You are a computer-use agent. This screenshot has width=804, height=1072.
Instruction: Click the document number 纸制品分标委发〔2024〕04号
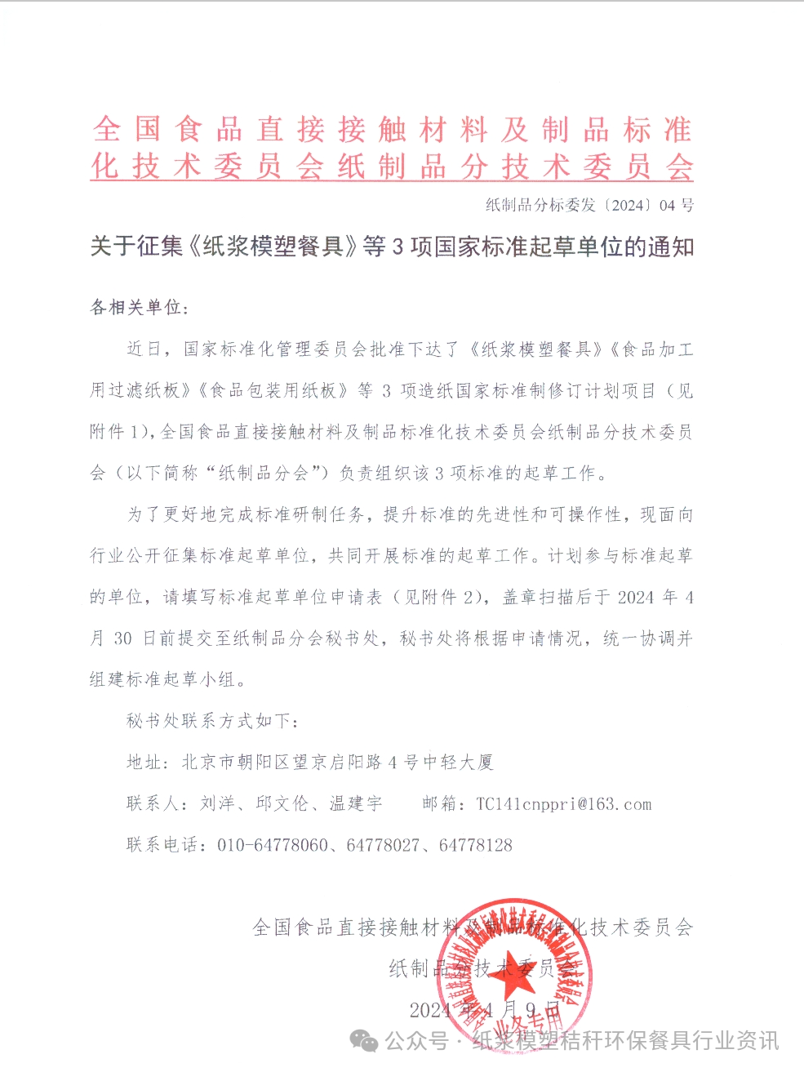point(589,205)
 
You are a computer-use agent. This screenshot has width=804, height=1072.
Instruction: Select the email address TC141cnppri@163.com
point(564,804)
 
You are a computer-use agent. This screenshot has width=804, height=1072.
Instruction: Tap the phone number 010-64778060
point(273,846)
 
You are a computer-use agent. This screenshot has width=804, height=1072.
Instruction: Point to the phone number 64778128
point(476,846)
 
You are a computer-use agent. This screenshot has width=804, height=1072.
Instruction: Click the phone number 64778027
point(383,846)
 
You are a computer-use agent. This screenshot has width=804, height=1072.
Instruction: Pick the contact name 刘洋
point(217,804)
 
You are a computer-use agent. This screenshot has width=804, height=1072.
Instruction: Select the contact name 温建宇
point(356,804)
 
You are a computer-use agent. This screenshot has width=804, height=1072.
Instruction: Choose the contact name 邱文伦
point(282,804)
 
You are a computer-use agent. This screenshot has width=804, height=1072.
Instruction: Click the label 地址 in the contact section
point(144,763)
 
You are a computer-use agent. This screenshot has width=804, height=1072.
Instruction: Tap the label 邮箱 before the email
point(440,804)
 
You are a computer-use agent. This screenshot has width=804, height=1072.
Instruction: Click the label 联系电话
point(162,846)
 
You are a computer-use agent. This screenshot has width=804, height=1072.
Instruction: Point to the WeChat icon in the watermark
point(364,1040)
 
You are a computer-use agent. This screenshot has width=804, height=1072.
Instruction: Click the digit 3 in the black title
point(398,247)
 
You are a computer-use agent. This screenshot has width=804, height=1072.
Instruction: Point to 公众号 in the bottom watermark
point(417,1040)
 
